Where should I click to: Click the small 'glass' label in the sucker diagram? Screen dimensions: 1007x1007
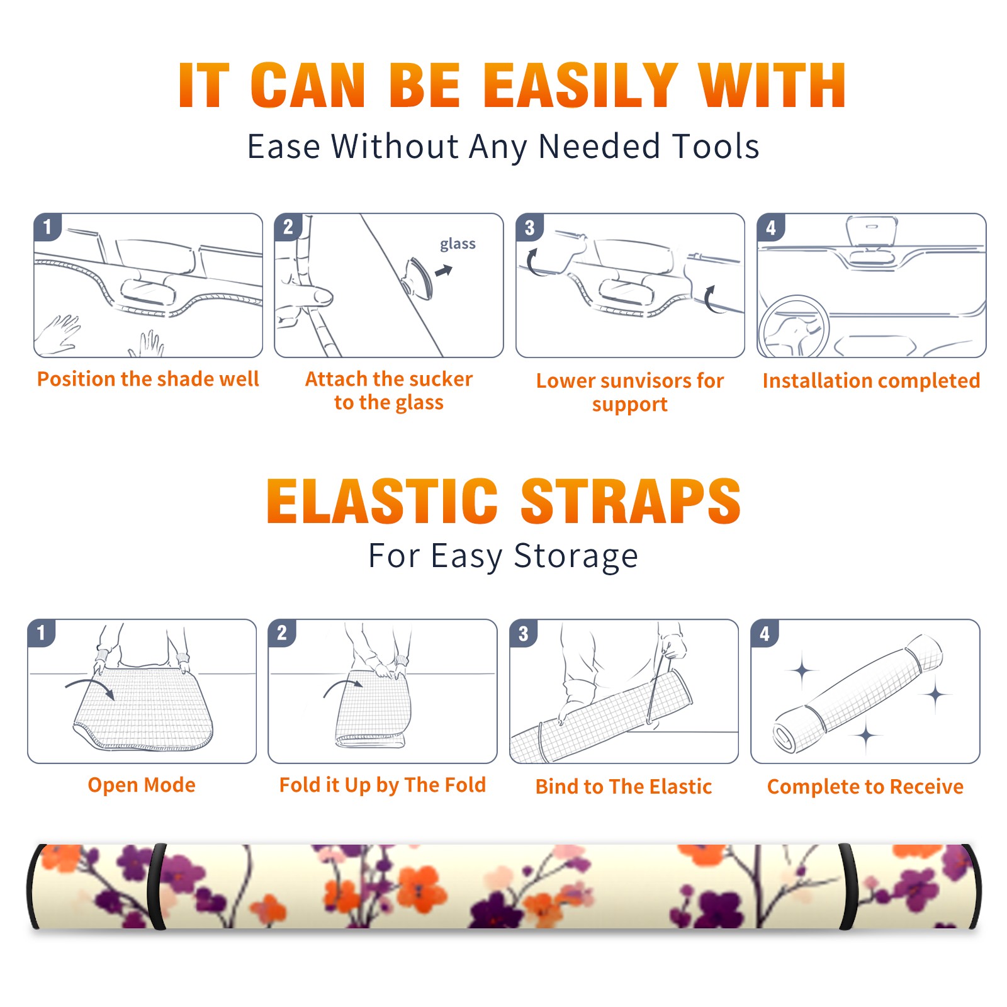(x=458, y=244)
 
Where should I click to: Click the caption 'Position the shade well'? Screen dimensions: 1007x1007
(x=148, y=379)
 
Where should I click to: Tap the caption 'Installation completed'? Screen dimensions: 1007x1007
(x=871, y=380)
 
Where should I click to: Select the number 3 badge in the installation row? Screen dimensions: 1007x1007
(x=529, y=227)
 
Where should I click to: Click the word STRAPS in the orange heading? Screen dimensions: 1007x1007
(x=631, y=501)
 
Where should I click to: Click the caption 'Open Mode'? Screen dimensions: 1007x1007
(x=142, y=785)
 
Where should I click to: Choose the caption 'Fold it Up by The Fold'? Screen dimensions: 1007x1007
(x=383, y=785)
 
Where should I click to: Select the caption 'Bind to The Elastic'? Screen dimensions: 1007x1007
(x=624, y=786)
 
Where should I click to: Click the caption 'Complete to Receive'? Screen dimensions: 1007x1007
(x=865, y=786)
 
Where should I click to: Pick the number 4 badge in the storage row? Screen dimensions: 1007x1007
(x=765, y=633)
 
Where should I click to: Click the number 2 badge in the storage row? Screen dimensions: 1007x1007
(x=282, y=633)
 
